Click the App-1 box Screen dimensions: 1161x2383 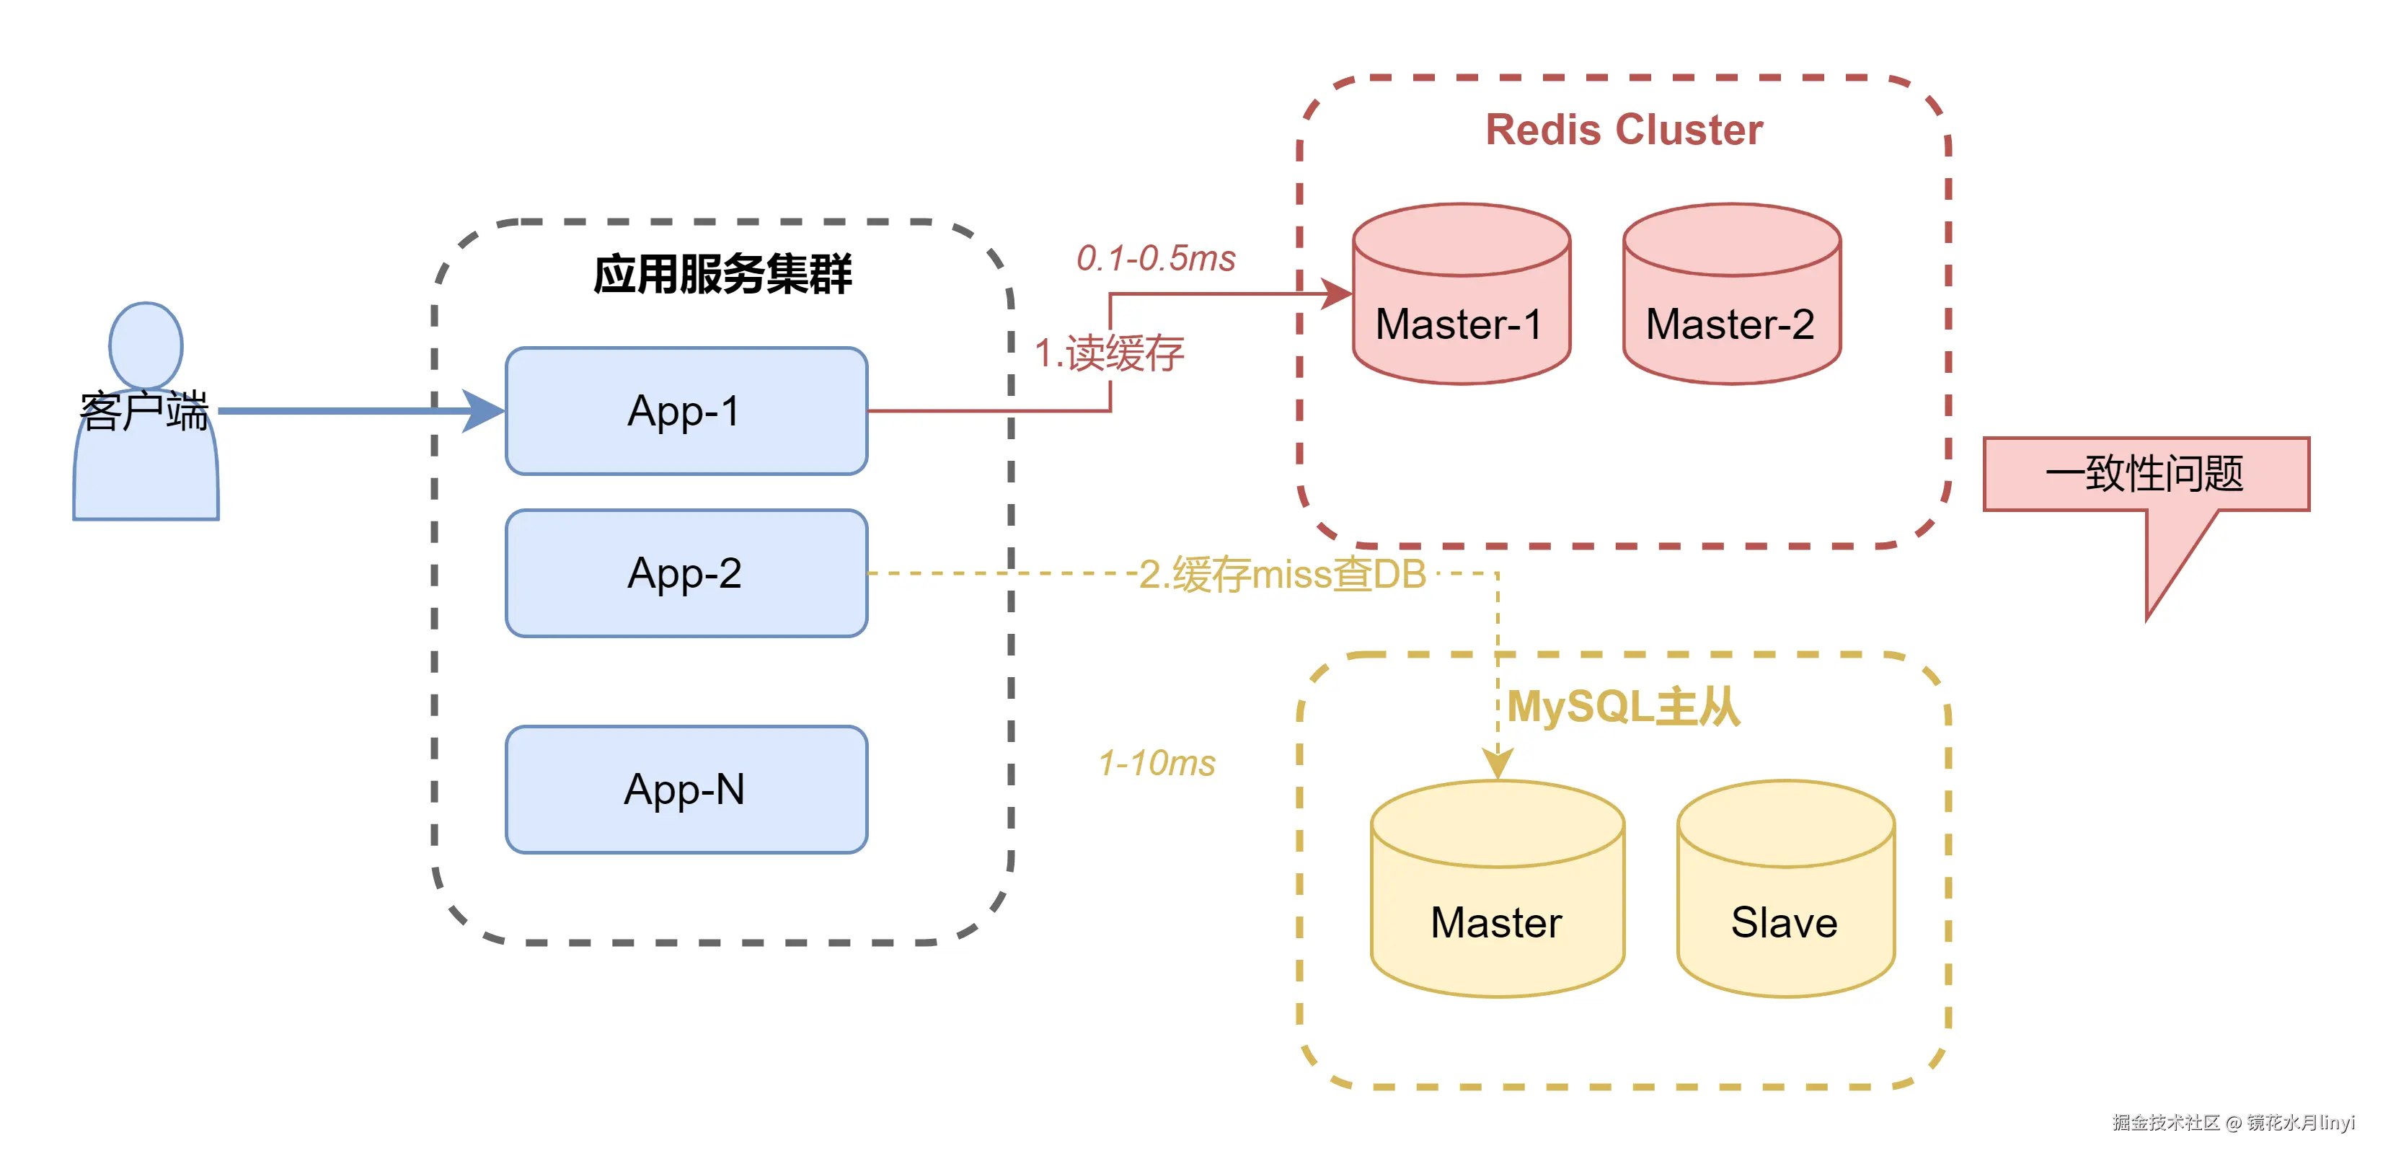[686, 411]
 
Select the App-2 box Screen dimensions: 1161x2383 [686, 573]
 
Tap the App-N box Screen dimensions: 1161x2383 [686, 789]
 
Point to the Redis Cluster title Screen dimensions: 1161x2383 [1624, 130]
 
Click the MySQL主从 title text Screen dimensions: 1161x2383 [1624, 707]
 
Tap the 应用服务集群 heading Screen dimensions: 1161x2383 [722, 275]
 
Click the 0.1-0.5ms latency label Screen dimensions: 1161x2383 [1155, 258]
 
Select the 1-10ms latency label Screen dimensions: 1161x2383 [1157, 763]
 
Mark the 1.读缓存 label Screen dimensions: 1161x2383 [1108, 353]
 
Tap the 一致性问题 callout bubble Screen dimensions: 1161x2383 [2145, 474]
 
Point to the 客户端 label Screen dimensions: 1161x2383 [144, 412]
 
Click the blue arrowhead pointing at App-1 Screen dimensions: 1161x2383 [484, 411]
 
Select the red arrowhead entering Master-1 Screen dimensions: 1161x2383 [1335, 294]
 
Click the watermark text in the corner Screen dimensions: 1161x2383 [2232, 1123]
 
